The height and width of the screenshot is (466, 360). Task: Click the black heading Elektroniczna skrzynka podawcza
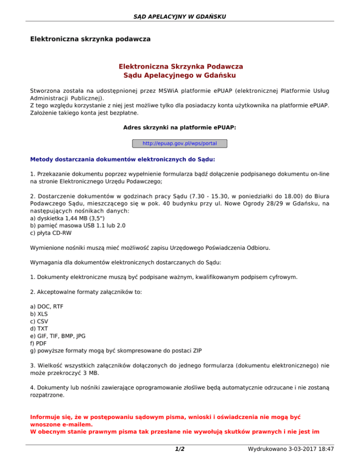tap(90, 38)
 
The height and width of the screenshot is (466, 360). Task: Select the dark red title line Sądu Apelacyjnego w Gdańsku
tap(180, 75)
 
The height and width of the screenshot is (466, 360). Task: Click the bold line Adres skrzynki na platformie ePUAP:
tap(180, 128)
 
